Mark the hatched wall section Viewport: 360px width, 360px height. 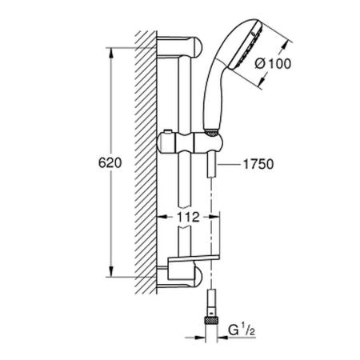[146, 160]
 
